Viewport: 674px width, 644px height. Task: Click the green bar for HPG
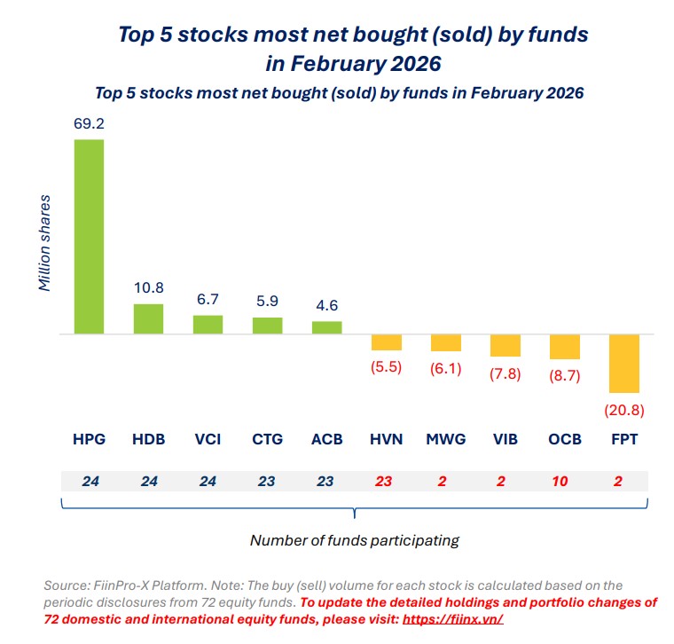89,237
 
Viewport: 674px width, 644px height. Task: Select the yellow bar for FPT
623,364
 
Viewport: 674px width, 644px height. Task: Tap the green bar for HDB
148,318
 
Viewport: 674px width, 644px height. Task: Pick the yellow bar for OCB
564,347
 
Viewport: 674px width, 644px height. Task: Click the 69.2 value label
89,124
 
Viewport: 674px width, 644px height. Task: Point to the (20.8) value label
623,410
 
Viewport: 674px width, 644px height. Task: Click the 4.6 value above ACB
326,306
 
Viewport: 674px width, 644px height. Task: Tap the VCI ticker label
208,439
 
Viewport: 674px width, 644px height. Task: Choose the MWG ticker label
445,439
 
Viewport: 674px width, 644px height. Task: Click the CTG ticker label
267,439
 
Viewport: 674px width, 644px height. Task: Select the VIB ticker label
505,439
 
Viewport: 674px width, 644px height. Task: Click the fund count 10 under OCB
564,482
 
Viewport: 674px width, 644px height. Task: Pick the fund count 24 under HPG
89,482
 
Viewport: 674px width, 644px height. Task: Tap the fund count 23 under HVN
386,482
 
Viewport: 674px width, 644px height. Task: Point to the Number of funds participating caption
354,539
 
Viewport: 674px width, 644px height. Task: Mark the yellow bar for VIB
505,345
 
